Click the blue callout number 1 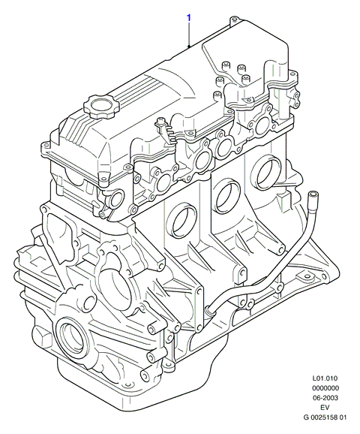pyautogui.click(x=189, y=18)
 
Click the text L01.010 pyautogui.click(x=325, y=378)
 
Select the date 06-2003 pyautogui.click(x=325, y=398)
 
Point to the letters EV pyautogui.click(x=325, y=408)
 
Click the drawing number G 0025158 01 pyautogui.click(x=325, y=417)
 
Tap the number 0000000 pyautogui.click(x=325, y=388)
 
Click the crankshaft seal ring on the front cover pyautogui.click(x=73, y=335)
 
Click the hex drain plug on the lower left pyautogui.click(x=42, y=337)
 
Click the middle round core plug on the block pyautogui.click(x=227, y=197)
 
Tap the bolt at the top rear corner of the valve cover pyautogui.click(x=234, y=20)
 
